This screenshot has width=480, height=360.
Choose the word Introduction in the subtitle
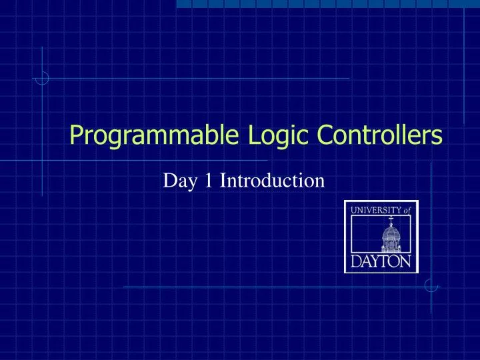pos(272,180)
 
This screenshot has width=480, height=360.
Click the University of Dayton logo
pos(381,237)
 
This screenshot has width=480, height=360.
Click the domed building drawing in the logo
pos(391,237)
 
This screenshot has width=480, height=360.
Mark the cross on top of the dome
pos(391,218)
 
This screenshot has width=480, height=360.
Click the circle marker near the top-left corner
pos(43,78)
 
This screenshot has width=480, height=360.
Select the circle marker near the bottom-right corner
pos(431,286)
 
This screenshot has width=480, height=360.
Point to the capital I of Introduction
pos(223,180)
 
